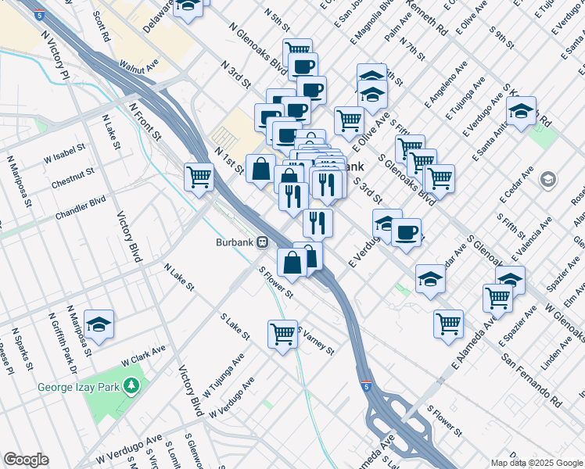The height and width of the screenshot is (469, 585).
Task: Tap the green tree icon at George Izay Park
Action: (132, 385)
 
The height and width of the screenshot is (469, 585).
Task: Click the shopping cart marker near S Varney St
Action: (282, 334)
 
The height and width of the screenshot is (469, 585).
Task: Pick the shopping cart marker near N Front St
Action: (199, 177)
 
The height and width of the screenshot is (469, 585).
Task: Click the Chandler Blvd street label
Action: (80, 209)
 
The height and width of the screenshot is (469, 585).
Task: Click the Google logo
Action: (26, 460)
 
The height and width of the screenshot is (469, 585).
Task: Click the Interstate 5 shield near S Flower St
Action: (366, 386)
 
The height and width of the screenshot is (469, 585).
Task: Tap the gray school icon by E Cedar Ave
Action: (549, 180)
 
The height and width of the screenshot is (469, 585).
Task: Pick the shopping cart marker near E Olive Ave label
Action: (349, 120)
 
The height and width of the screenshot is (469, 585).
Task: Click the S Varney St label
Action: (315, 338)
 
